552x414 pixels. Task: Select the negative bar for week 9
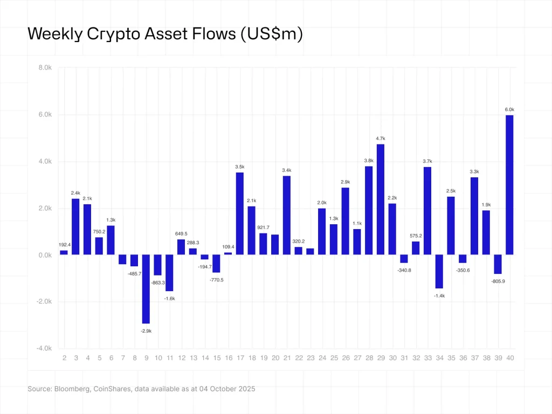pos(146,288)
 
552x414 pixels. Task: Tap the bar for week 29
pos(381,199)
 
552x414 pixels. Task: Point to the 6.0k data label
pos(509,109)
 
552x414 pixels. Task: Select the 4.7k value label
pos(381,139)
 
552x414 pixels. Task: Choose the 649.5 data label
pos(181,234)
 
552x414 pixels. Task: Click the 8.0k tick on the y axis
pos(44,68)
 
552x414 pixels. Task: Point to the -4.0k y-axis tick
pos(43,348)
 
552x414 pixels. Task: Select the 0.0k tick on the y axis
pos(44,255)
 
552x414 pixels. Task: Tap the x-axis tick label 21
pos(287,358)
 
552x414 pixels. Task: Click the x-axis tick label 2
pos(64,358)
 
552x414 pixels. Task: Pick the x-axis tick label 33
pos(427,358)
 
